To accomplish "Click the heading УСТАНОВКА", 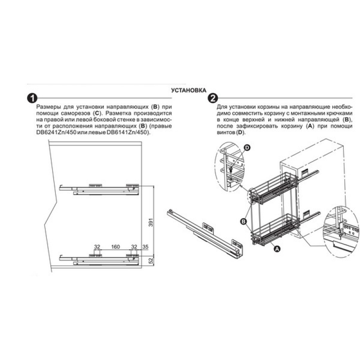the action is point(189,90).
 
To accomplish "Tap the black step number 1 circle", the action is point(32,98).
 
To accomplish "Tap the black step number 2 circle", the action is point(213,98).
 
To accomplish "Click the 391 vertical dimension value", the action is point(151,222).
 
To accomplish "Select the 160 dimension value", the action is point(116,247).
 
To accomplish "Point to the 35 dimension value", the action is point(145,247).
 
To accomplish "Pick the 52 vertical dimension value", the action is point(151,261).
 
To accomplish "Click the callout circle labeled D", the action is point(247,148).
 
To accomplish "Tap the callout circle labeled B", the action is point(243,221).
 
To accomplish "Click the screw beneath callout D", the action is point(231,170).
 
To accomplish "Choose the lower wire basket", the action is point(274,229).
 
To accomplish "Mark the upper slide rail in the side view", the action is point(99,189).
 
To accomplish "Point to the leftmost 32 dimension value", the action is point(97,247).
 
